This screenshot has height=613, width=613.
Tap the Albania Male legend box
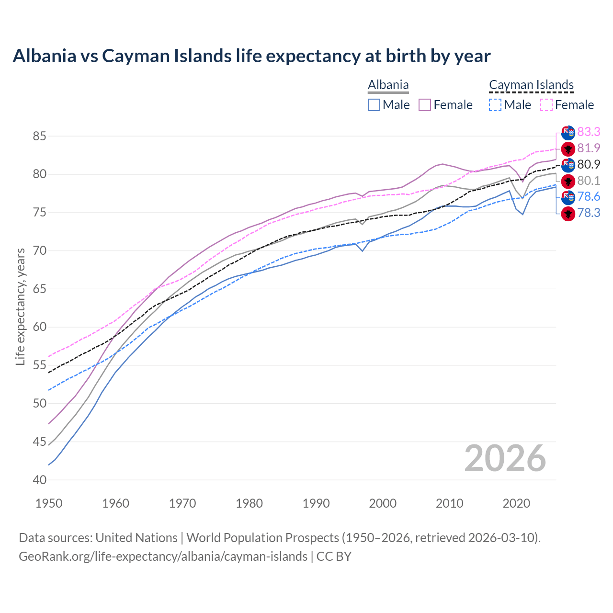pyautogui.click(x=374, y=105)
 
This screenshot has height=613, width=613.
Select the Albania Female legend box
pyautogui.click(x=425, y=105)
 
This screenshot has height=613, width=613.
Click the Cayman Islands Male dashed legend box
pyautogui.click(x=495, y=105)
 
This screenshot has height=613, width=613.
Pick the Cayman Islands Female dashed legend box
pyautogui.click(x=546, y=105)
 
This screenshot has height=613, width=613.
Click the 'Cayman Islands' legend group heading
pyautogui.click(x=531, y=85)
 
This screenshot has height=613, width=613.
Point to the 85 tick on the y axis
pyautogui.click(x=39, y=136)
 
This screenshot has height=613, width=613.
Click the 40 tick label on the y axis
pyautogui.click(x=39, y=480)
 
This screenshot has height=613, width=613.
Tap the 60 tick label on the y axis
pyautogui.click(x=39, y=327)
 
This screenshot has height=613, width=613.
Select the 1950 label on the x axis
pyautogui.click(x=49, y=503)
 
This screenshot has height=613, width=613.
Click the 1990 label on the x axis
pyautogui.click(x=316, y=503)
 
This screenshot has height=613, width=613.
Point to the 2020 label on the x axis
pyautogui.click(x=516, y=503)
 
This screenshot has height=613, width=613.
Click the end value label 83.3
pyautogui.click(x=589, y=132)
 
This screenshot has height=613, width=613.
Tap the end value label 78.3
pyautogui.click(x=589, y=213)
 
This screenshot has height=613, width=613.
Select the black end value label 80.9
pyautogui.click(x=589, y=164)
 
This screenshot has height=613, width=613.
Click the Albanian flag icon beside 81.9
pyautogui.click(x=568, y=148)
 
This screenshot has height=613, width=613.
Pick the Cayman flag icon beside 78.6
pyautogui.click(x=568, y=197)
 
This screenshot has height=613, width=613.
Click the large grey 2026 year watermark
pyautogui.click(x=505, y=459)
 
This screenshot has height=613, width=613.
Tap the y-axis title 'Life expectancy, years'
pyautogui.click(x=20, y=306)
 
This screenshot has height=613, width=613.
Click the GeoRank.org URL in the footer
pyautogui.click(x=163, y=556)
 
